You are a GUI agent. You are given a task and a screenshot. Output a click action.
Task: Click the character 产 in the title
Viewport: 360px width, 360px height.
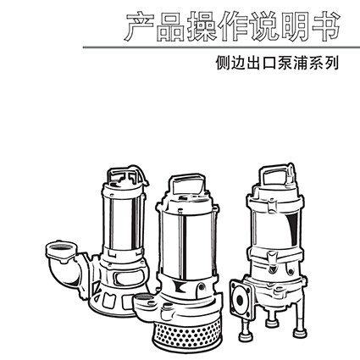point(139,26)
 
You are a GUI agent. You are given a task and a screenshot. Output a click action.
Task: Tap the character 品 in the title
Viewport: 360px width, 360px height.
point(170,26)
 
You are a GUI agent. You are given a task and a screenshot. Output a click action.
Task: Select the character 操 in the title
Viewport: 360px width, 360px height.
point(202,26)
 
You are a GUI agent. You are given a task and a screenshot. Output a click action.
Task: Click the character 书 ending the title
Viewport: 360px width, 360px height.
point(325,26)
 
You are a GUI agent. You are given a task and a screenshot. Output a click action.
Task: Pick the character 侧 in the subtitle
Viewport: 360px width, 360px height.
point(223,63)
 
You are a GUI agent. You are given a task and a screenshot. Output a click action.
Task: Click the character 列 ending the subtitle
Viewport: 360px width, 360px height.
point(331,63)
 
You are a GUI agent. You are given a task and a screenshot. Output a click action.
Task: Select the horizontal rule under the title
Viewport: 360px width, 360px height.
point(221,47)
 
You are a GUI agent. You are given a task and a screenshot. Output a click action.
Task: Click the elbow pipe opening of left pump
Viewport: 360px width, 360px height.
point(60,249)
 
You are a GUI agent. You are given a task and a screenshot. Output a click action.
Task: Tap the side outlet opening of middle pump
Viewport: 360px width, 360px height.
point(143,298)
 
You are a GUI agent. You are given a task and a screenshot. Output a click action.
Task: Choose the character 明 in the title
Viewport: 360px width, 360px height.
point(295,26)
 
